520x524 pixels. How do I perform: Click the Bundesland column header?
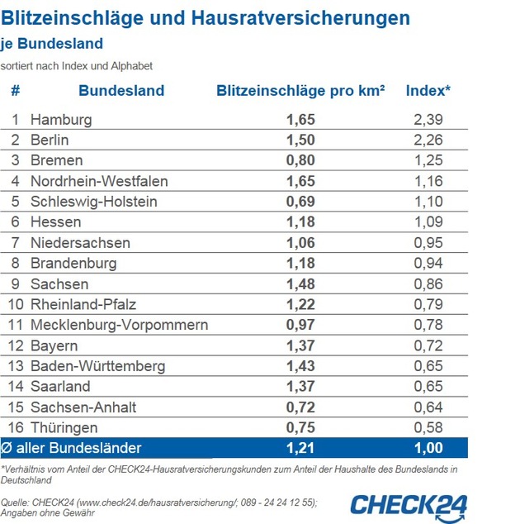click(x=121, y=91)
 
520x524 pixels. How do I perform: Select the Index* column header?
click(x=428, y=91)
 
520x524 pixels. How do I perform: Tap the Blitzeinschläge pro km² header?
click(x=300, y=91)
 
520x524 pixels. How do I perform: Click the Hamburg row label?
click(x=61, y=120)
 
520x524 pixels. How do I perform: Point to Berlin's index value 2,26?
click(x=428, y=140)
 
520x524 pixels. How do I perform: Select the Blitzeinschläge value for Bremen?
click(x=300, y=160)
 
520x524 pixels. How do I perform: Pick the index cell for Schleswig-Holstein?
click(x=428, y=202)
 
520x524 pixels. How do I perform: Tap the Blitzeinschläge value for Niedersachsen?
click(x=300, y=243)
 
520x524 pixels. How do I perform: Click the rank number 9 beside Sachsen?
click(x=15, y=283)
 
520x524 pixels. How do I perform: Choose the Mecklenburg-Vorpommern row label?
click(x=119, y=325)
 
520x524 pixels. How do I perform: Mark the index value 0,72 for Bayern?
click(x=428, y=345)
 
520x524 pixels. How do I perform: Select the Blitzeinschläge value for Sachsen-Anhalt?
click(x=300, y=407)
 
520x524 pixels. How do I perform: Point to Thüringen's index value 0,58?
click(x=428, y=428)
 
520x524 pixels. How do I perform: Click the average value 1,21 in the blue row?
click(x=300, y=448)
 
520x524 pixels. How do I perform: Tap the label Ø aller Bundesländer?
click(x=72, y=448)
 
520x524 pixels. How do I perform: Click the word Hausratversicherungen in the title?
click(x=306, y=17)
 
